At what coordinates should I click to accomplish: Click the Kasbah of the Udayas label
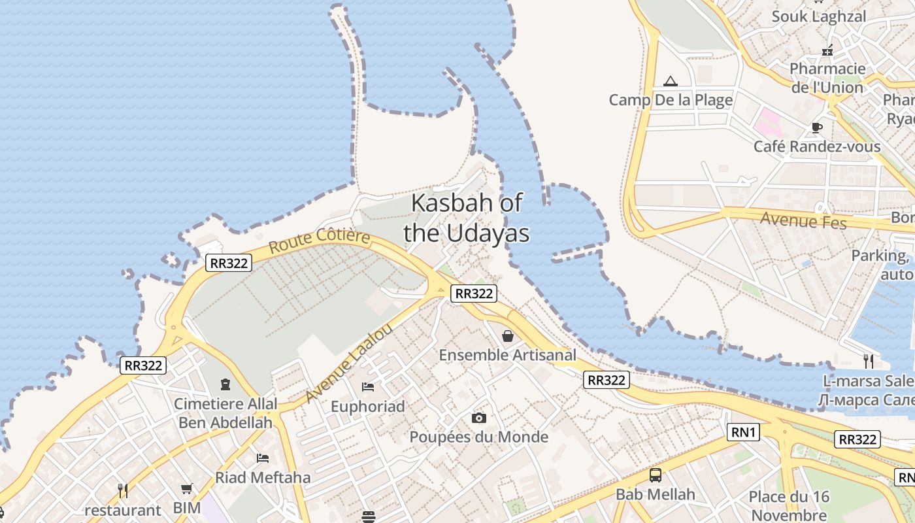467,218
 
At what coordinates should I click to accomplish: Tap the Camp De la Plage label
671,100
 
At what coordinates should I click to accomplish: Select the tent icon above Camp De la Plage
670,82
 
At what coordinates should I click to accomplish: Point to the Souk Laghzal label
818,16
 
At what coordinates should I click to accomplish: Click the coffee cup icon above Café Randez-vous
816,127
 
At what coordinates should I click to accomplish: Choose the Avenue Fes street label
803,221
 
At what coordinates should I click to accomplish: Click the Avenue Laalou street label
349,363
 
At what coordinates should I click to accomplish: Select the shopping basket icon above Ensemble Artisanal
508,337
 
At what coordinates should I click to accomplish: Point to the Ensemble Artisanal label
508,355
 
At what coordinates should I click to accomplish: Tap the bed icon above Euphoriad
368,387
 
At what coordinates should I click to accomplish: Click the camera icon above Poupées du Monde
478,418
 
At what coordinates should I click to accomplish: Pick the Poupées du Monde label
478,437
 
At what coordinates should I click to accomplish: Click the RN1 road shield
743,432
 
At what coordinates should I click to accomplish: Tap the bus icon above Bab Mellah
655,475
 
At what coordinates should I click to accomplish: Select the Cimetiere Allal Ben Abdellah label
225,413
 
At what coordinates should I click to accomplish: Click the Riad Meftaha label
263,477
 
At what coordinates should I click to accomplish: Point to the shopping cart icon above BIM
187,488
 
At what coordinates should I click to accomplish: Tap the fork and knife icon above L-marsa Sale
869,360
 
